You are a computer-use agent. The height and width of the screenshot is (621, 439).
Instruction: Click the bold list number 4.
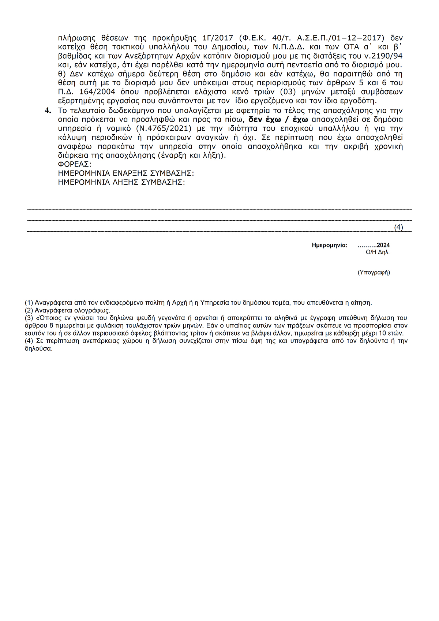pos(48,111)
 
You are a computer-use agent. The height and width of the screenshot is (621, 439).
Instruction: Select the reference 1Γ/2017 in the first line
pos(217,38)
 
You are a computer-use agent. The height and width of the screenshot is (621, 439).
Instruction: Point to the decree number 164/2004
pos(97,92)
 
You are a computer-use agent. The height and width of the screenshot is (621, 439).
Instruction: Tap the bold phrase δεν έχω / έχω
pos(278,120)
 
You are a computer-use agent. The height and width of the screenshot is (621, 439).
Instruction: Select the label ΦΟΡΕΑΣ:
pos(75,164)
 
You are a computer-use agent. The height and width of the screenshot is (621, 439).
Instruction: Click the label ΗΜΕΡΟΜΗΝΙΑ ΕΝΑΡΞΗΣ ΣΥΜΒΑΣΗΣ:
pos(126,173)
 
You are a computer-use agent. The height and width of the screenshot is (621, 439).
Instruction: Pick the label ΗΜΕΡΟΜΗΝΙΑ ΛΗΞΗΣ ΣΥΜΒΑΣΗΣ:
pos(121,182)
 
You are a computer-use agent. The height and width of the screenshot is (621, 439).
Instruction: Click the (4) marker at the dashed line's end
pos(398,227)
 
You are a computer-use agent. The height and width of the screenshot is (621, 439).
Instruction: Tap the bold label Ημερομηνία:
pos(330,245)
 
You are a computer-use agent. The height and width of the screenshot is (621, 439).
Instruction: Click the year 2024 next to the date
pos(383,245)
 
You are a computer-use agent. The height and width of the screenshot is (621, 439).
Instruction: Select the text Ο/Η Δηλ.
pos(378,252)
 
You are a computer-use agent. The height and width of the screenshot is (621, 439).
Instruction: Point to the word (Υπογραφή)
pos(374,272)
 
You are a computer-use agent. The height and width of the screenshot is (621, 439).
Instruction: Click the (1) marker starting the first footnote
pos(29,303)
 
